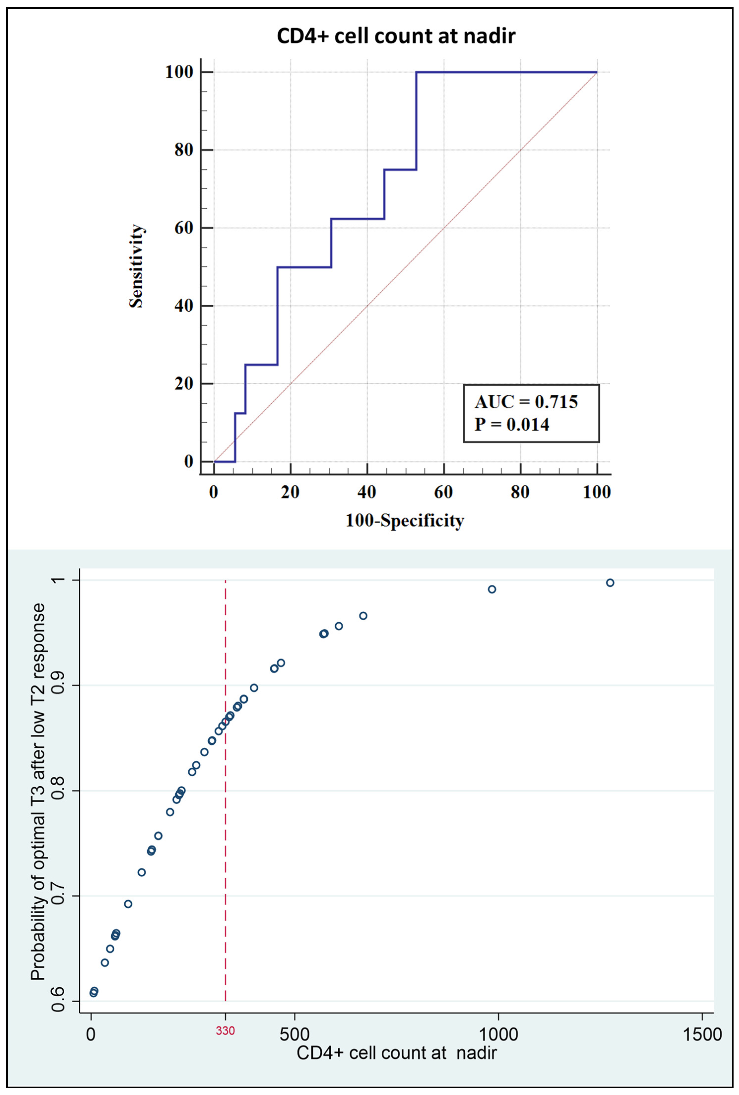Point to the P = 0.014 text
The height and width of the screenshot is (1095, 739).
coord(512,425)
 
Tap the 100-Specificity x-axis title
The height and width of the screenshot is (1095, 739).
coord(405,521)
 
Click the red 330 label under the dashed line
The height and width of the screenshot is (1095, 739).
coord(225,1031)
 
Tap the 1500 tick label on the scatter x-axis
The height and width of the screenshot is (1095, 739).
coord(702,1035)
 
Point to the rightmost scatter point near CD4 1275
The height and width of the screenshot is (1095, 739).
coord(610,583)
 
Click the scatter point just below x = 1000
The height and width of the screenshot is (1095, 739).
coord(492,590)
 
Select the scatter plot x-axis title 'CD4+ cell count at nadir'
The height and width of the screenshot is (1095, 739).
coord(397,1053)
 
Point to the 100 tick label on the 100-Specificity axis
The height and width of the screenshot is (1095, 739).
coord(597,492)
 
